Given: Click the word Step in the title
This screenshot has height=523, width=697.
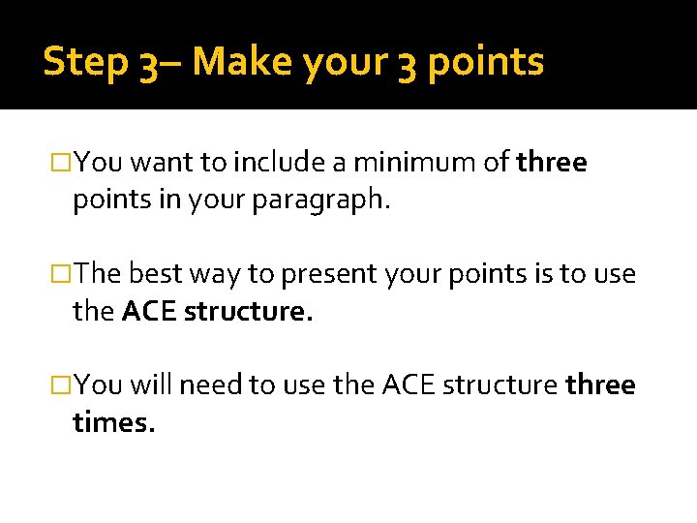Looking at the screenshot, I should (x=85, y=62).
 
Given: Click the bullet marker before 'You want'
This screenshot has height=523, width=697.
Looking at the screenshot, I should (x=64, y=162).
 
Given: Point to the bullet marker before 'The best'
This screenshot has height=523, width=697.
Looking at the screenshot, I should (x=64, y=274).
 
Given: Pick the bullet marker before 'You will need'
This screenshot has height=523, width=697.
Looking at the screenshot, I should (x=64, y=385).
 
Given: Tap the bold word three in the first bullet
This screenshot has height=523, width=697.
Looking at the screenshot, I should (x=552, y=162).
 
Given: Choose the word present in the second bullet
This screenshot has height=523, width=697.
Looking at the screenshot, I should (x=324, y=274).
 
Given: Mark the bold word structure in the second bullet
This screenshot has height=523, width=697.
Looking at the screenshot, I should (x=248, y=311).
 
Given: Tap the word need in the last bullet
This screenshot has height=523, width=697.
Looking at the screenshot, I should (x=211, y=385).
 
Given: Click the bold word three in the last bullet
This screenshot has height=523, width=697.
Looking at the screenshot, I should (x=600, y=385).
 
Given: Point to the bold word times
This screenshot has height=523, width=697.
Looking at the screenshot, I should (x=113, y=422).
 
